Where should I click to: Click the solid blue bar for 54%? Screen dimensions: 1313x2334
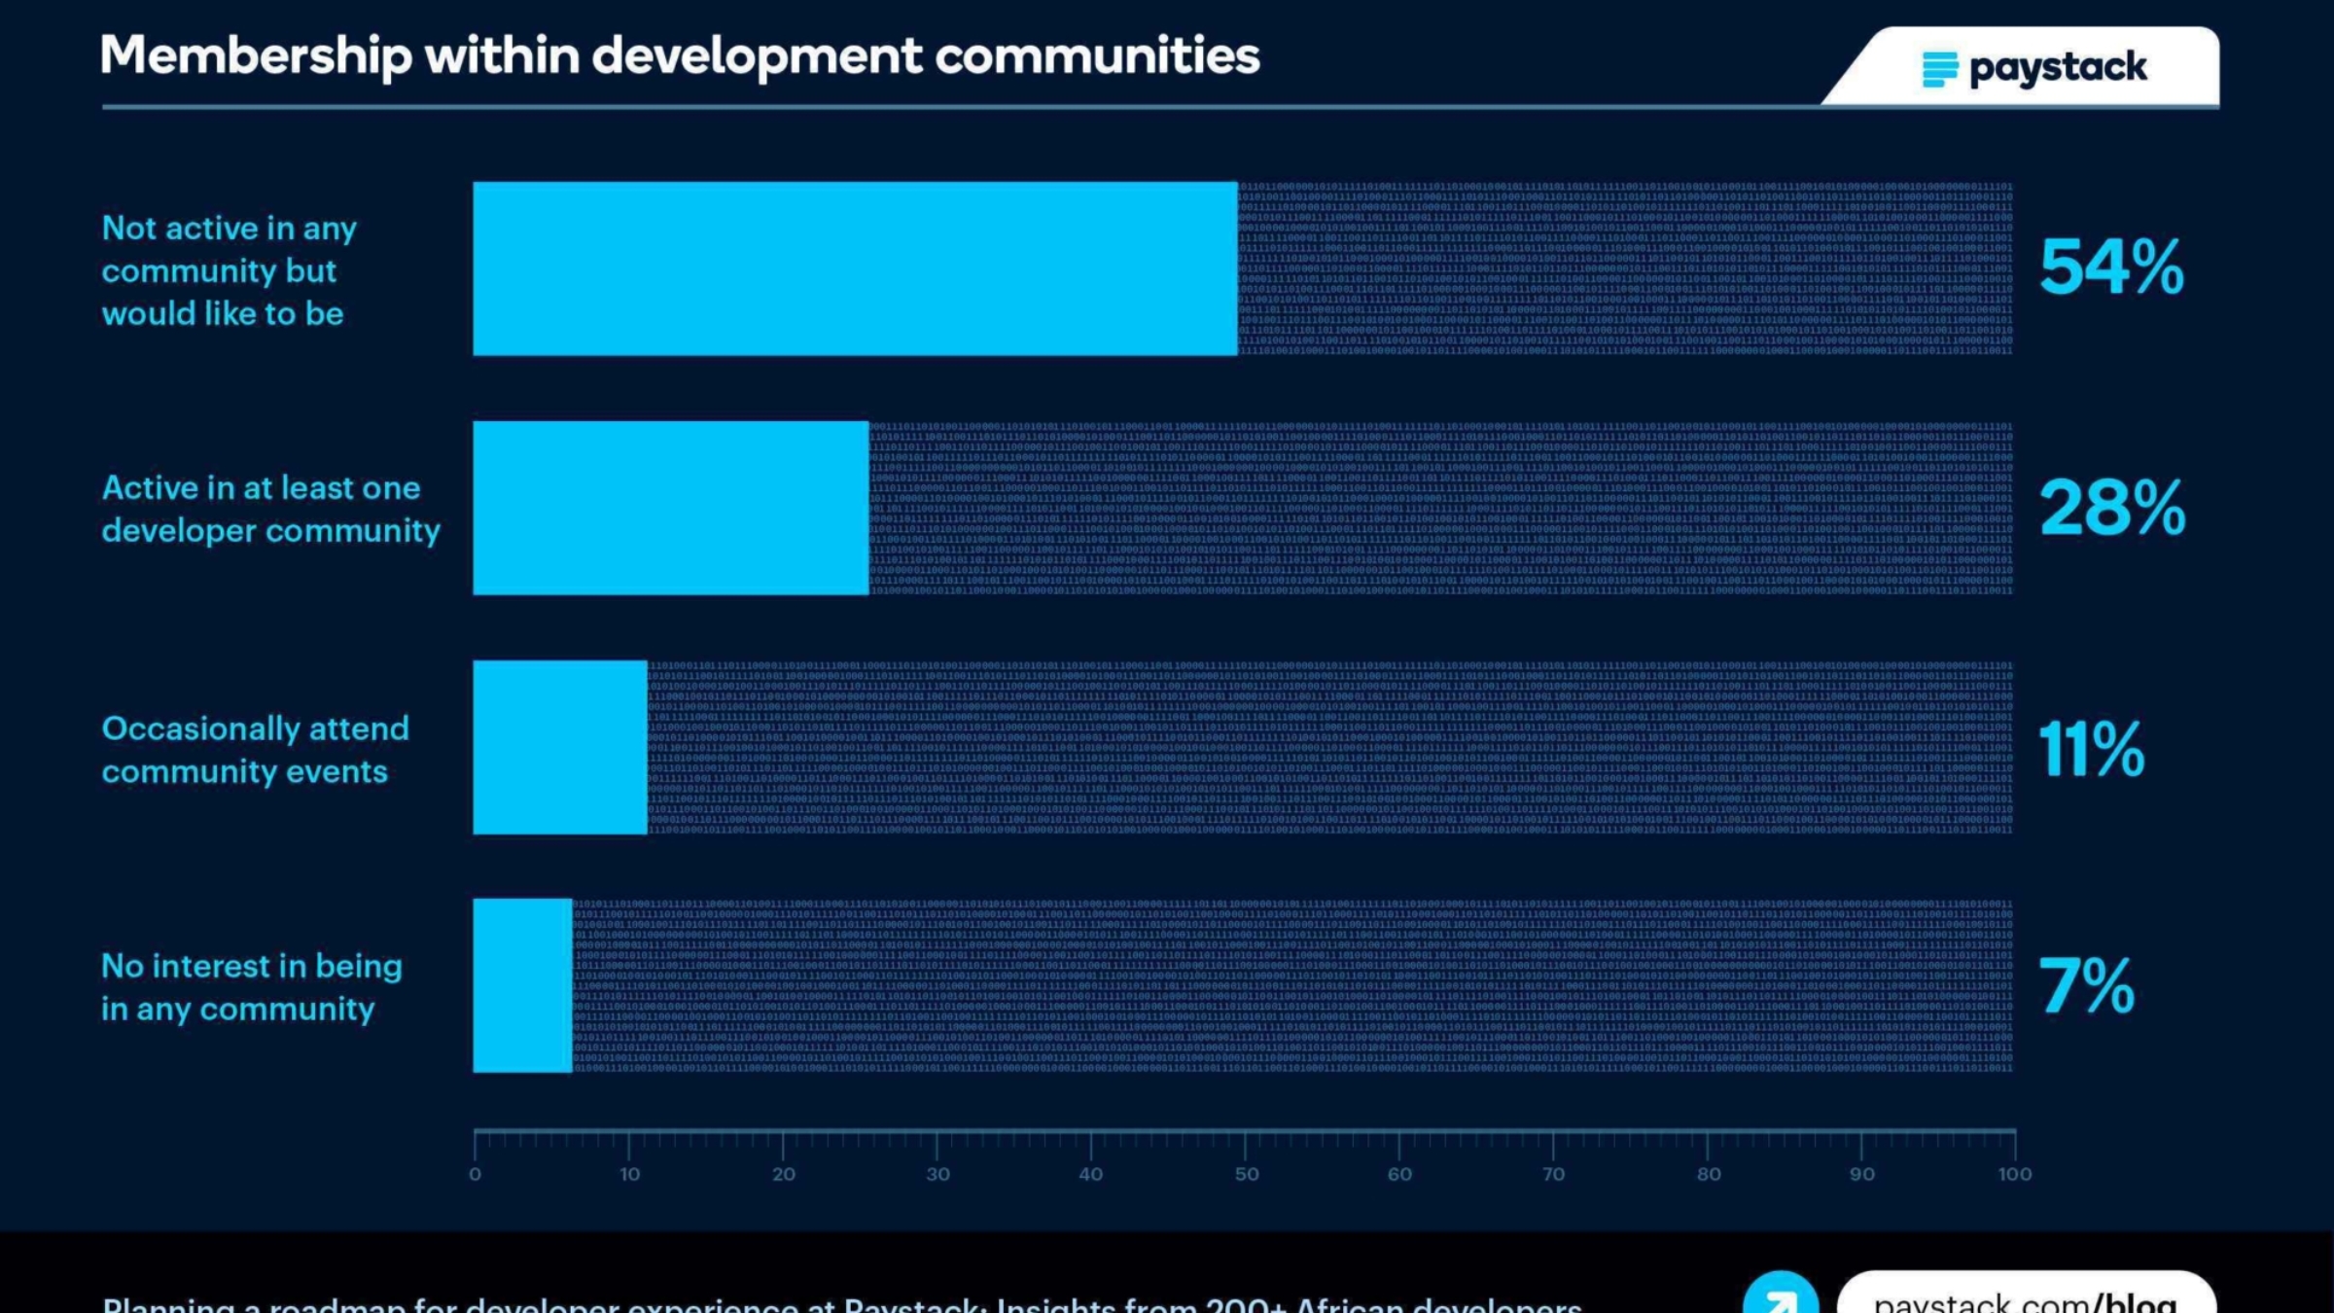tap(855, 268)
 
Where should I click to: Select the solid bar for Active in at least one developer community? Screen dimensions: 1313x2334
tap(670, 508)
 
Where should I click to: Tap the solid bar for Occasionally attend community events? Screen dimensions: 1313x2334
tap(560, 747)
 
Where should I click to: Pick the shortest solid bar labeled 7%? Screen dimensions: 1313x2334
tap(522, 986)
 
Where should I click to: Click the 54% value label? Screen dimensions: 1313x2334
tap(2111, 267)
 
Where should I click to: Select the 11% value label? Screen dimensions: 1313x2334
tap(2091, 749)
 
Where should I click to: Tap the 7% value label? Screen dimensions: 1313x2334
tap(2087, 986)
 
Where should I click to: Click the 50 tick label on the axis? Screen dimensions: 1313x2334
tap(1247, 1174)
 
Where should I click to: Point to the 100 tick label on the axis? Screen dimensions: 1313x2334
tap(2014, 1174)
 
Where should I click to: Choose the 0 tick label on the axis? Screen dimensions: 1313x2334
tap(475, 1174)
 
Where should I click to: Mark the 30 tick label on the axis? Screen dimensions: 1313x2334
tap(937, 1174)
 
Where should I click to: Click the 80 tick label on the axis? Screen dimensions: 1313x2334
tap(1709, 1174)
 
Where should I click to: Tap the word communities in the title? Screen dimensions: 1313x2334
tap(1097, 56)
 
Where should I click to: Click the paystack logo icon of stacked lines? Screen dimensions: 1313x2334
tap(1939, 69)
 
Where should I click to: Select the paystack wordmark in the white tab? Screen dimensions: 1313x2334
tap(2058, 68)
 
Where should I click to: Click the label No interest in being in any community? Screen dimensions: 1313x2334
tap(251, 987)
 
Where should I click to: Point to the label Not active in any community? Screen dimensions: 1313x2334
tap(230, 270)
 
